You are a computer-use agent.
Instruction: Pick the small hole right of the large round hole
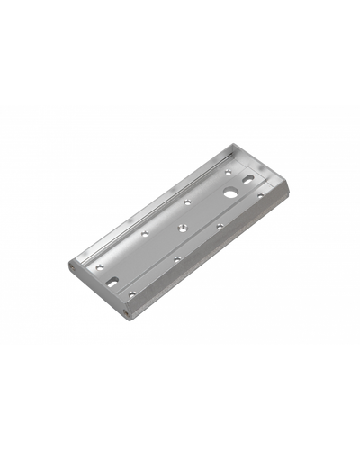[x=259, y=195]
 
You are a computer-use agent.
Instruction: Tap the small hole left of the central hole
[x=147, y=232]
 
